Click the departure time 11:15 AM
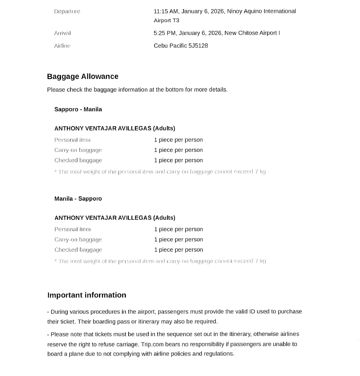coord(166,11)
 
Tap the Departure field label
coord(67,11)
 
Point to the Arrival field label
coord(62,33)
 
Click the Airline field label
coord(62,45)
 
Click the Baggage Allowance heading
coord(83,76)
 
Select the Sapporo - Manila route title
coord(78,109)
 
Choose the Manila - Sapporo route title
coord(78,199)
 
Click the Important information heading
coord(86,295)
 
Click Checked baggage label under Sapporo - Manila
coord(78,160)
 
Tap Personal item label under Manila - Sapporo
coord(72,229)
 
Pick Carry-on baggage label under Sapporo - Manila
coord(78,150)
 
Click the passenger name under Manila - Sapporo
coord(103,218)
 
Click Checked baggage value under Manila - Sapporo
coord(178,250)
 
